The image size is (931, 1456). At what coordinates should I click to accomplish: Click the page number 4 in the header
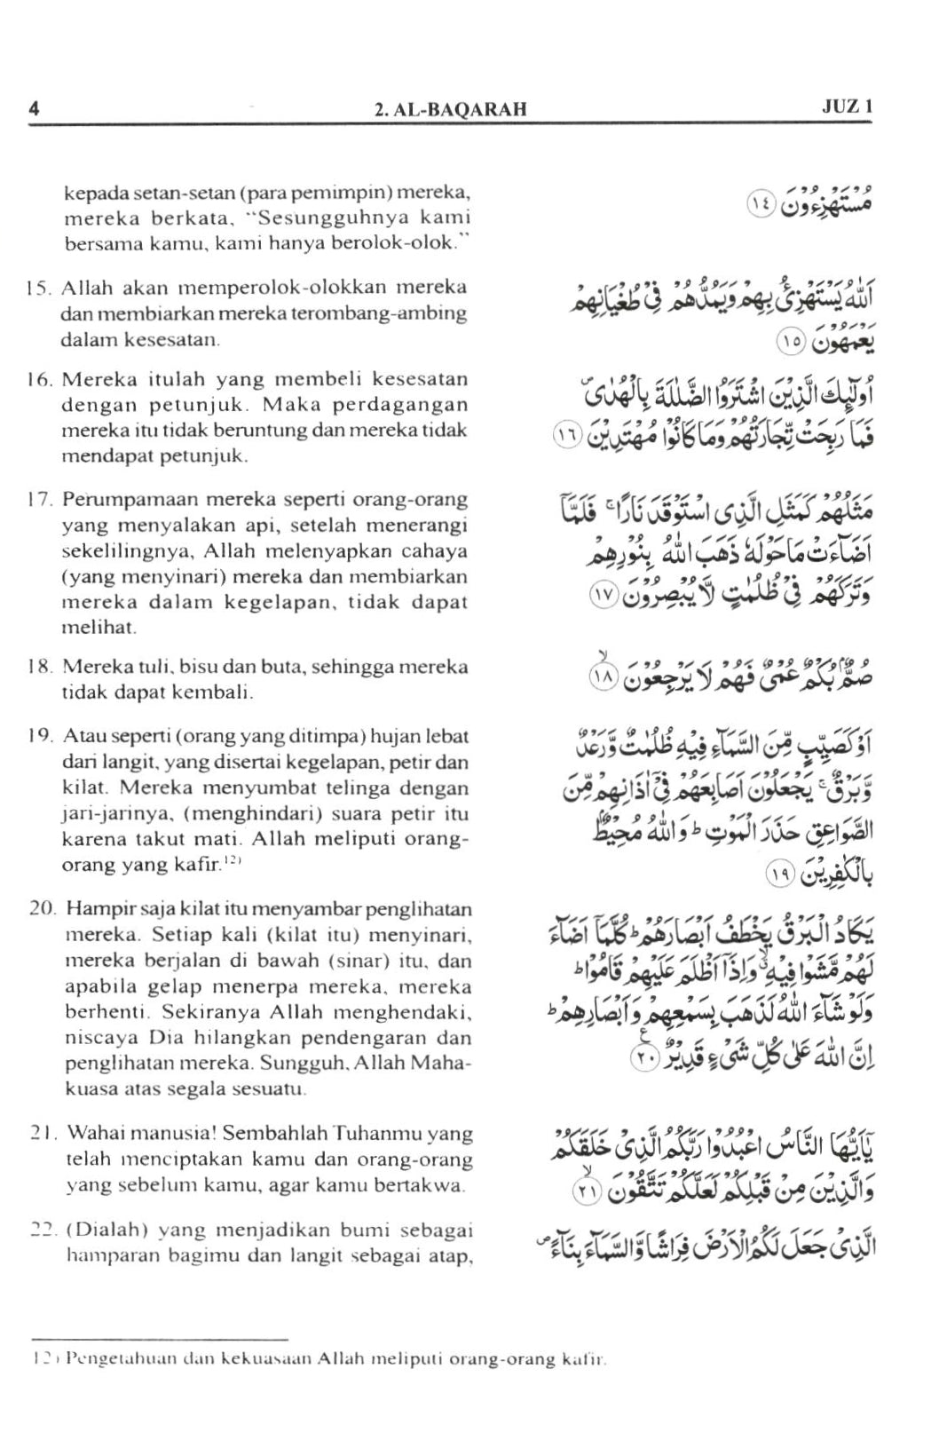point(34,108)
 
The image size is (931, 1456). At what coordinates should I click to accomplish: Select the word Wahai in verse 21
point(92,1134)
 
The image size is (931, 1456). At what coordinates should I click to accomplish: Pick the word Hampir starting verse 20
point(95,908)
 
